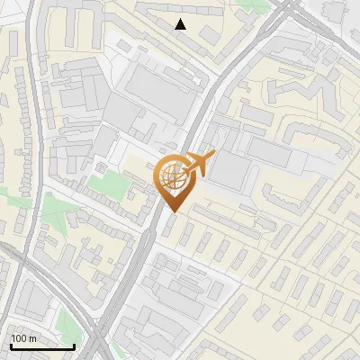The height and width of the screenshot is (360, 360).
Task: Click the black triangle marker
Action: pos(180,24)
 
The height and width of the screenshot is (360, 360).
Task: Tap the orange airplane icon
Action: pos(195,165)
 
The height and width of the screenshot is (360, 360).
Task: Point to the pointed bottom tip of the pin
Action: pos(171,212)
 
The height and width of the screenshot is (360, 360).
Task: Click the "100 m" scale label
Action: pos(22,338)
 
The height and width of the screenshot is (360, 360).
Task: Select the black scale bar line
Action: pos(41,346)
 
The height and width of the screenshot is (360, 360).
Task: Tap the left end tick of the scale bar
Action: pos(10,345)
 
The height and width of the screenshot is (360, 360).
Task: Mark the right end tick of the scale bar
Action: pos(74,345)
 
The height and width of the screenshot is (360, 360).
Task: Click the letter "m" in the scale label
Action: pos(31,338)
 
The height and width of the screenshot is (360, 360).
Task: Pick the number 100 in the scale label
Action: pos(18,338)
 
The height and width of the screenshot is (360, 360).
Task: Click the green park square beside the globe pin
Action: pos(107,187)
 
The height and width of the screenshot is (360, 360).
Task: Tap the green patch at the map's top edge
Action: pos(256,5)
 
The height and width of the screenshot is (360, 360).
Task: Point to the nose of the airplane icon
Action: pos(211,156)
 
